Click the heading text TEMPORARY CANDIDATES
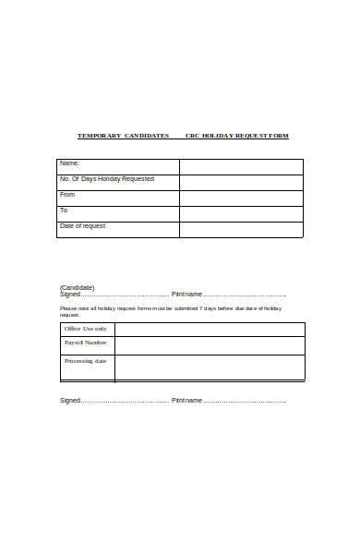click(x=123, y=136)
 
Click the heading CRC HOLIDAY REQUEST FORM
click(x=236, y=136)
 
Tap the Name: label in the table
click(x=70, y=163)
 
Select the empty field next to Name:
click(x=241, y=166)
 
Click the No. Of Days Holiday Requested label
click(x=107, y=179)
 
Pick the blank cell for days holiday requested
click(x=241, y=182)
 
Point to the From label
click(x=67, y=195)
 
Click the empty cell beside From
click(x=241, y=198)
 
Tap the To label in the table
click(x=64, y=211)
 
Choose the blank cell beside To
click(x=241, y=213)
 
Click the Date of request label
click(x=82, y=226)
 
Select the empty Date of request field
click(x=241, y=229)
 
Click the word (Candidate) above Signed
click(x=78, y=287)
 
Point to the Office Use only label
click(x=85, y=329)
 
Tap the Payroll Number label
click(x=86, y=343)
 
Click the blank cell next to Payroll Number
click(x=210, y=345)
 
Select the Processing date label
click(x=86, y=361)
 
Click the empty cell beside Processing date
click(x=210, y=367)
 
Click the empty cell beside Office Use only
click(x=210, y=330)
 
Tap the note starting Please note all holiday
click(x=171, y=310)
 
